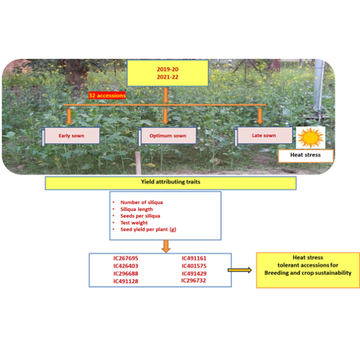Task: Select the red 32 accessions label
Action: pos(107,95)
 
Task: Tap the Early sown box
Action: pos(71,136)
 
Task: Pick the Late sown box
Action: pos(264,136)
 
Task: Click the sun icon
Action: pos(311,137)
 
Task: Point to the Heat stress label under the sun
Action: pos(306,155)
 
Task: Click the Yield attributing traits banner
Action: pos(170,183)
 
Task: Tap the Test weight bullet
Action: pos(137,223)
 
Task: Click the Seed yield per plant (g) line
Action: pos(148,229)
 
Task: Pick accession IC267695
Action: pos(126,258)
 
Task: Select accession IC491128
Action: pos(126,281)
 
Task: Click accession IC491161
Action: pos(194,258)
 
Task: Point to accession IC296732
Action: pos(194,280)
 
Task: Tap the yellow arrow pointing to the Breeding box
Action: pos(239,270)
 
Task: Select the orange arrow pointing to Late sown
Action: pos(260,115)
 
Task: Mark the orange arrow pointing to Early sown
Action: pos(70,115)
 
